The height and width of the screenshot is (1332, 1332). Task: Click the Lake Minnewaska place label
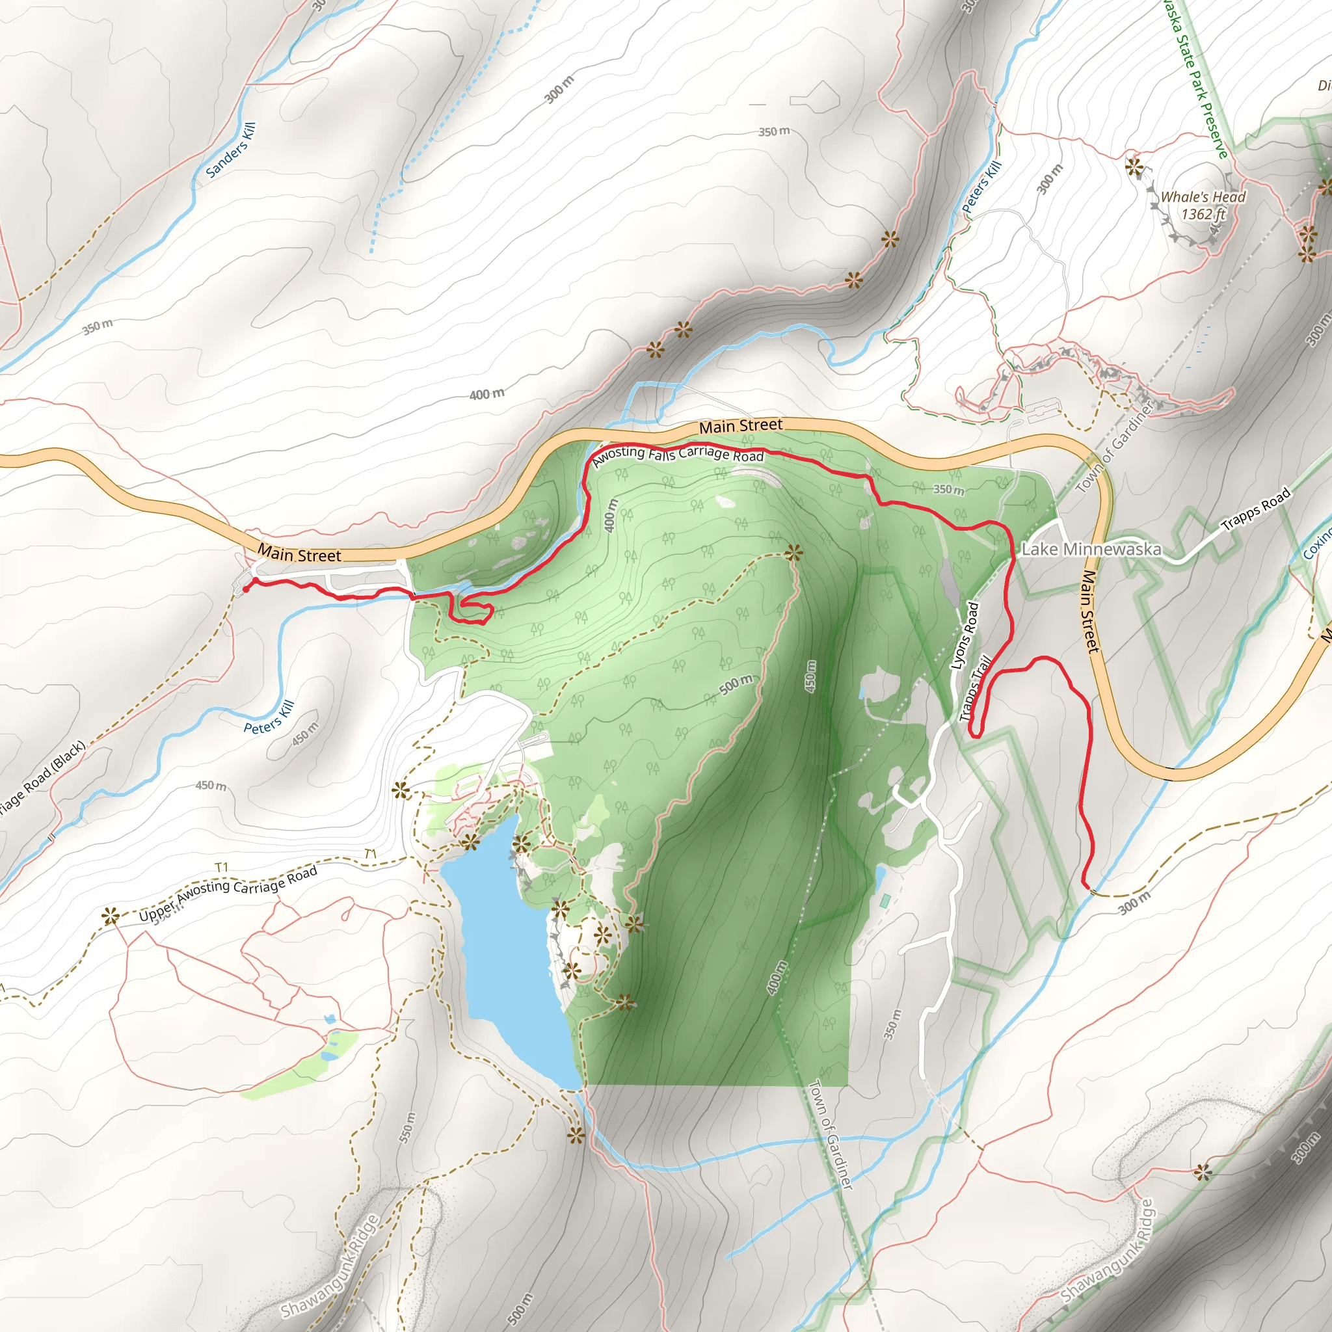pyautogui.click(x=1091, y=550)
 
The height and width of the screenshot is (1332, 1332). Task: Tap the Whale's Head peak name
pyautogui.click(x=1203, y=197)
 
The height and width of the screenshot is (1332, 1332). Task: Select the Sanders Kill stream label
pyautogui.click(x=231, y=150)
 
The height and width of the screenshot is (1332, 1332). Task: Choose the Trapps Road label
pyautogui.click(x=1255, y=509)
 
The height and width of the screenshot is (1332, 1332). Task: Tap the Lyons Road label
pyautogui.click(x=965, y=635)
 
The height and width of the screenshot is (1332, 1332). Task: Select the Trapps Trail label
pyautogui.click(x=976, y=688)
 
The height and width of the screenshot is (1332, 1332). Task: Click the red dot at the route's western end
pyautogui.click(x=246, y=589)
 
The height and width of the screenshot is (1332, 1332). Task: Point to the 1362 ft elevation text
pyautogui.click(x=1203, y=215)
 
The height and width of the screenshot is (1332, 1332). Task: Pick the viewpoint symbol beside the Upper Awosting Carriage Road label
pyautogui.click(x=111, y=916)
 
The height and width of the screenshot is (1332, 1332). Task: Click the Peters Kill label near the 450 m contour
pyautogui.click(x=269, y=716)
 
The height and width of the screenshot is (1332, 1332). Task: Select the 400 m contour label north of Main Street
pyautogui.click(x=486, y=394)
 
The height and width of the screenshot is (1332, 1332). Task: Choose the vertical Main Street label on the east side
pyautogui.click(x=1089, y=611)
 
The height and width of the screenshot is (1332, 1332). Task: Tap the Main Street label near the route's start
pyautogui.click(x=299, y=553)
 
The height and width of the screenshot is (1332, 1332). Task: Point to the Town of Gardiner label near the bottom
pyautogui.click(x=831, y=1134)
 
